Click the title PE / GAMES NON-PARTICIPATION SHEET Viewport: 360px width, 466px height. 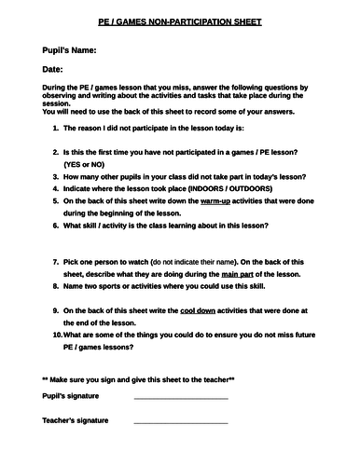179,20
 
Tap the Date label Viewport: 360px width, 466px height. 53,69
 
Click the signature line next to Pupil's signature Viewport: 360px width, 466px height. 181,398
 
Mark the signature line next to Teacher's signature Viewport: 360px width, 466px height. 181,422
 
